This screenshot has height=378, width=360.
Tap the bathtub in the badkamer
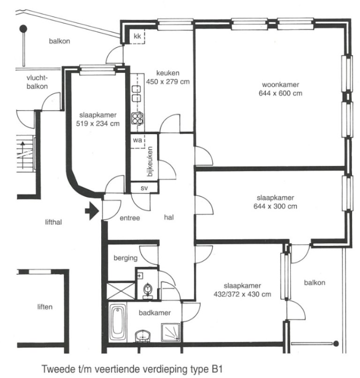(x=118, y=324)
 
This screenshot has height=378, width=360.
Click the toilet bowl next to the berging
(x=148, y=290)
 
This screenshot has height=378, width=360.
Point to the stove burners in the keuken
(x=137, y=119)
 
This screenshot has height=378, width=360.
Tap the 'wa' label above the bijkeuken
(x=137, y=140)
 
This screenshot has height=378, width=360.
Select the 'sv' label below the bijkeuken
(x=144, y=188)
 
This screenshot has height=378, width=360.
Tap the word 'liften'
(x=45, y=307)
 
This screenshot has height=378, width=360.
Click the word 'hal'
(x=169, y=218)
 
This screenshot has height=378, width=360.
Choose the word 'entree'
(x=130, y=218)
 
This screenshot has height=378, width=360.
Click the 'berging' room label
(x=126, y=258)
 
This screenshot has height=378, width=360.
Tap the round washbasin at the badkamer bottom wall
(x=143, y=336)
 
